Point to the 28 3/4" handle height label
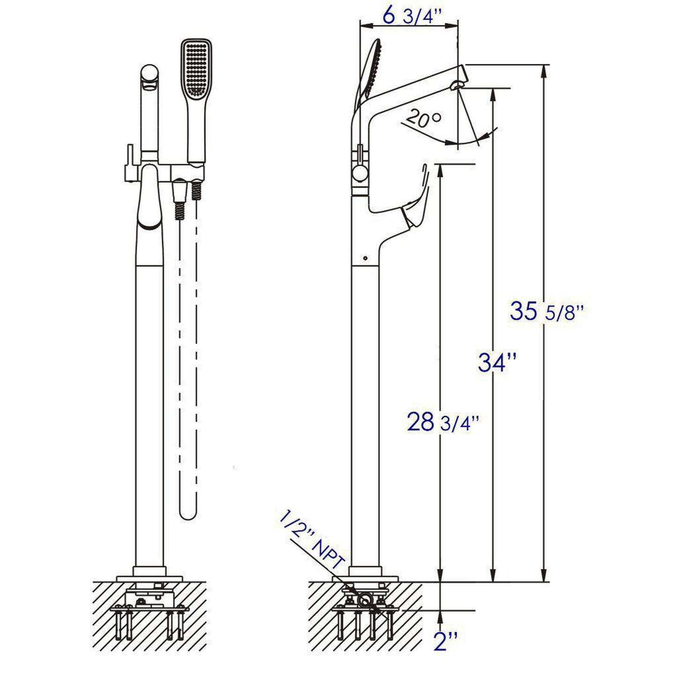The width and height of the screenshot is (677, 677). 443,422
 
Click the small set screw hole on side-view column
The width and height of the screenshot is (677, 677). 365,257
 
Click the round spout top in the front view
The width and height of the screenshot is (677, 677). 150,75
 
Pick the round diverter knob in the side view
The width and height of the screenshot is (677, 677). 360,174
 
